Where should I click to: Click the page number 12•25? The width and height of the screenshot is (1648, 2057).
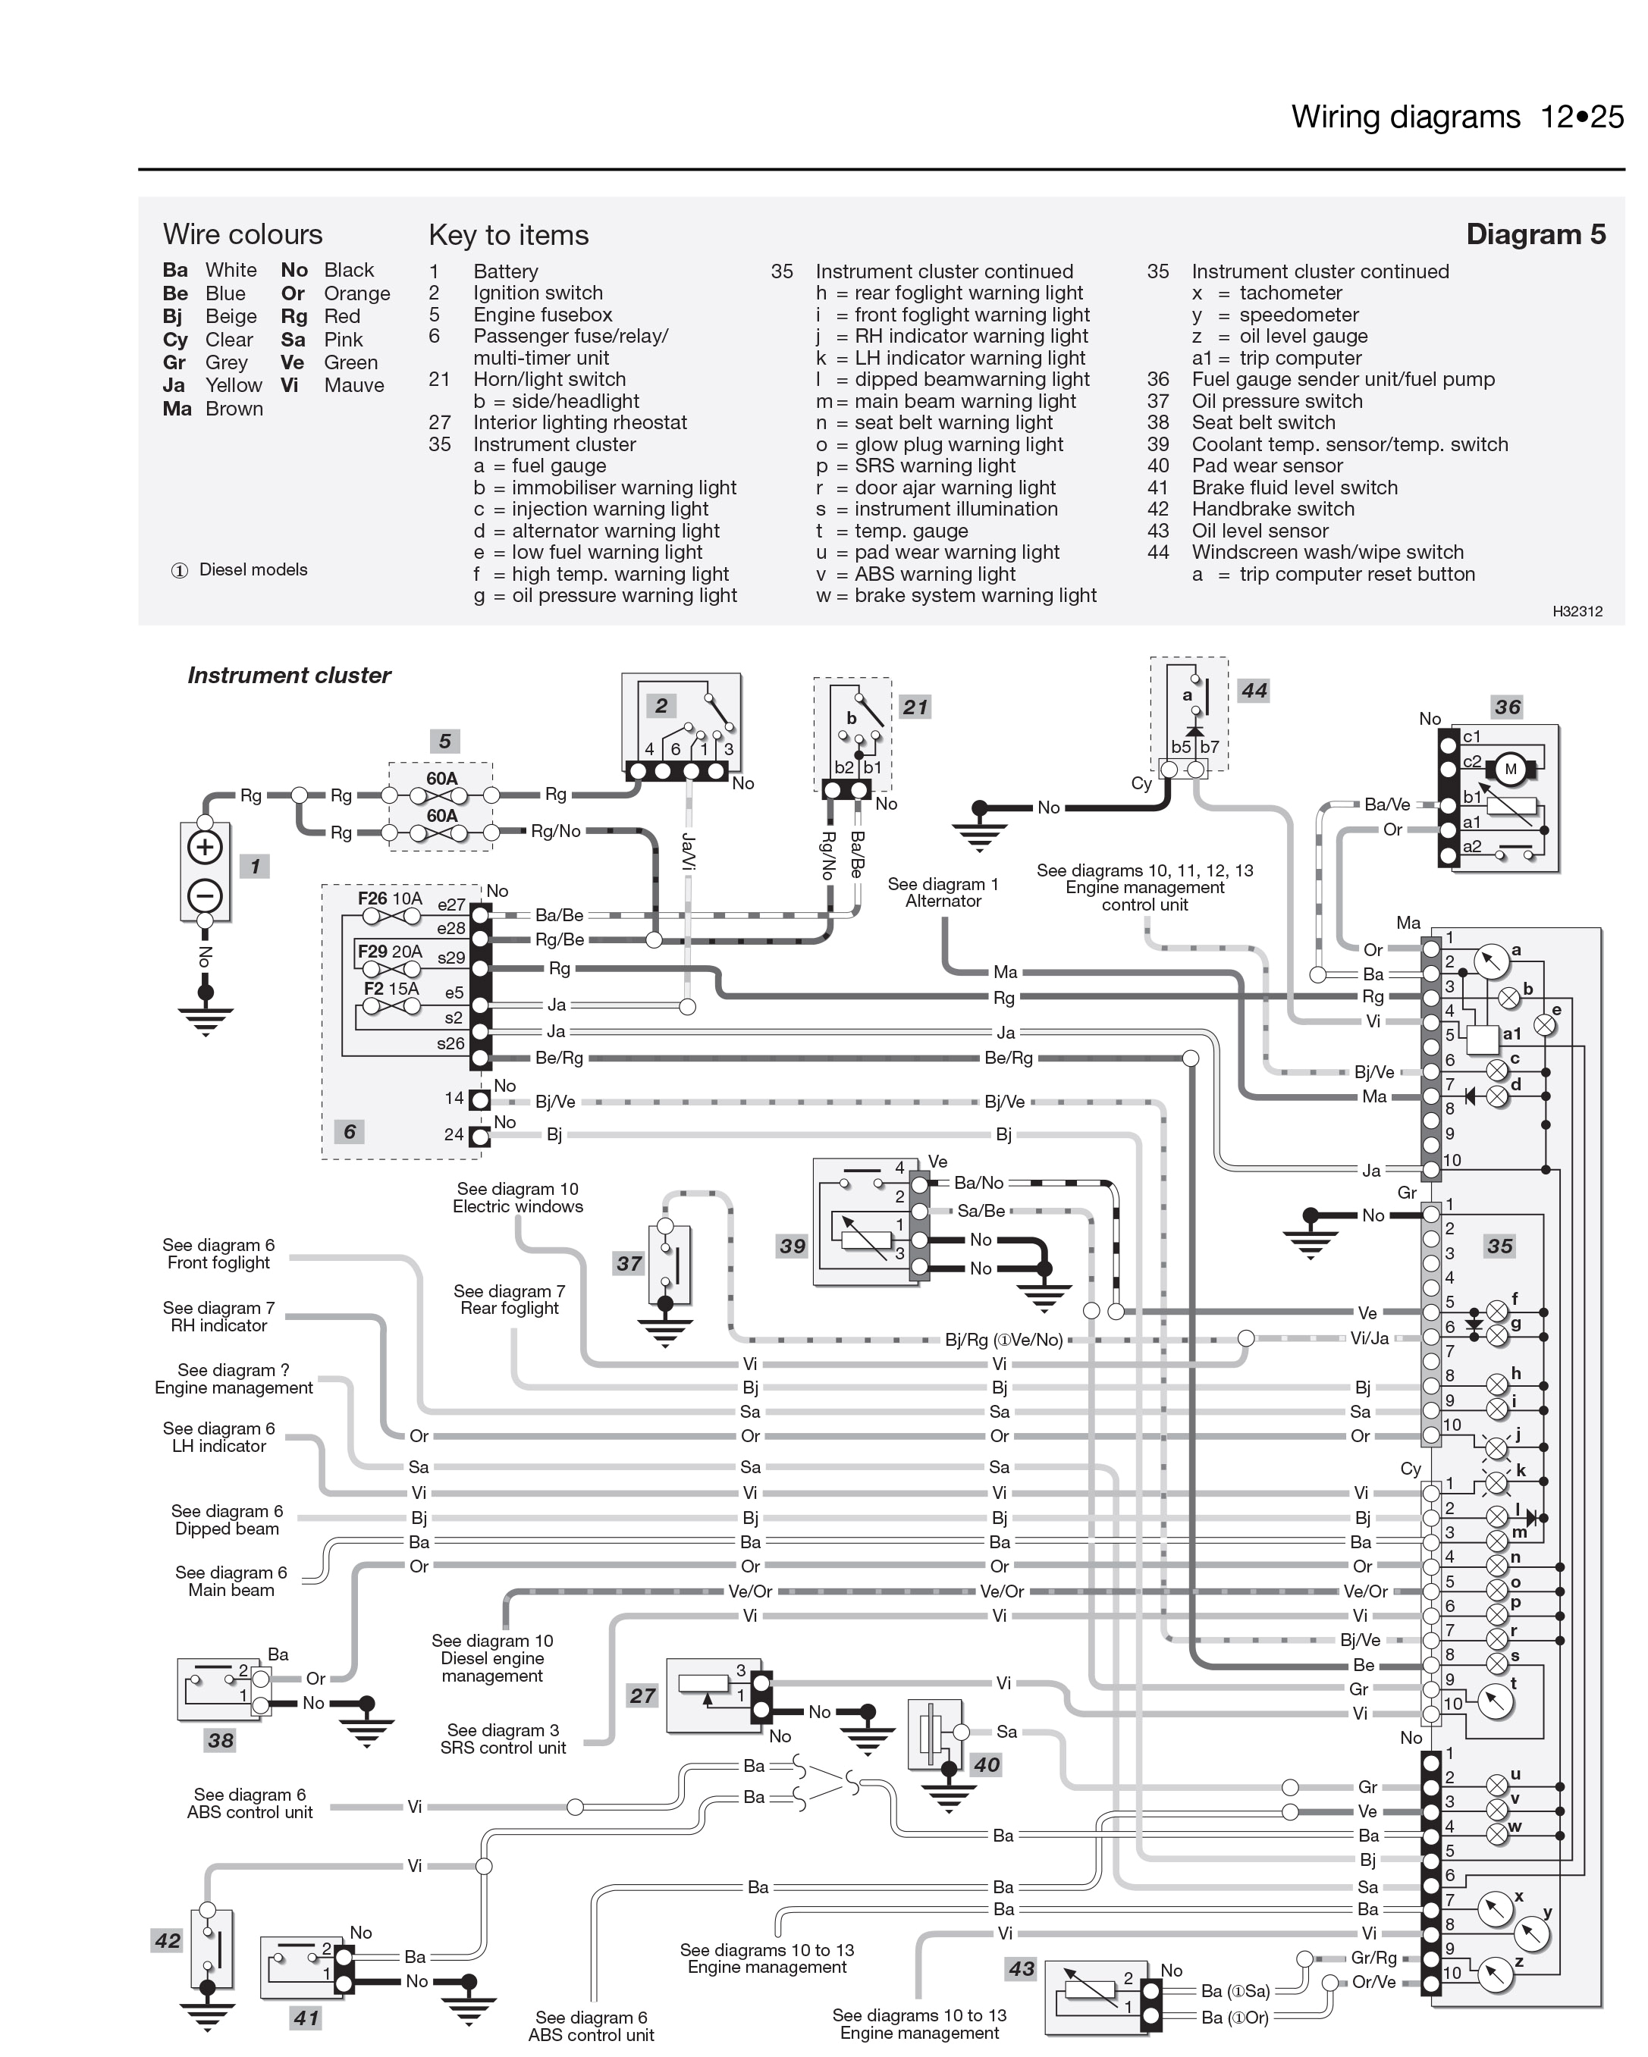[x=1581, y=118]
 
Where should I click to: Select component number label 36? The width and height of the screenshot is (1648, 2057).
[x=1507, y=707]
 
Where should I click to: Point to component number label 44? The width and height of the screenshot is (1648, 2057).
[x=1253, y=691]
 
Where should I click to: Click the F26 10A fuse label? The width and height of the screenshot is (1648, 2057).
[x=389, y=898]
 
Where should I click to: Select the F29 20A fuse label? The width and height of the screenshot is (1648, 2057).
[x=389, y=952]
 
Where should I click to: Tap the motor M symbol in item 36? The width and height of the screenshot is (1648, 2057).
[x=1510, y=769]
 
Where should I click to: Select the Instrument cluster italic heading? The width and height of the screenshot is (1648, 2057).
[x=289, y=676]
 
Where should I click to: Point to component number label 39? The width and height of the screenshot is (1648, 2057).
[x=792, y=1246]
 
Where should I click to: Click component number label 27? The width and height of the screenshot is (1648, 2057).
[x=642, y=1695]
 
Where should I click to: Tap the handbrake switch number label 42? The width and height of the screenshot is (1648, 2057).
[x=167, y=1940]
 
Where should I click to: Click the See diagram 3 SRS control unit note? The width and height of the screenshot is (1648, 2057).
[x=503, y=1739]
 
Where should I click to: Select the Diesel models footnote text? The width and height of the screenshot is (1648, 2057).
[x=252, y=569]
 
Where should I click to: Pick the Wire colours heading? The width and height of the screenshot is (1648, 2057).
[x=243, y=235]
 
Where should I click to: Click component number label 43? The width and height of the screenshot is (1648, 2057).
[x=1021, y=1968]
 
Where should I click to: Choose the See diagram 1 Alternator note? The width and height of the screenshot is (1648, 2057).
[x=943, y=892]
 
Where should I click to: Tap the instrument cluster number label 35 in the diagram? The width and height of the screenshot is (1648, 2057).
[x=1499, y=1246]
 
